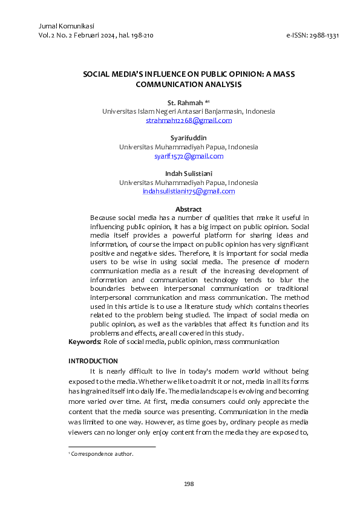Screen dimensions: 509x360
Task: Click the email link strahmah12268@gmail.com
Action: (x=189, y=120)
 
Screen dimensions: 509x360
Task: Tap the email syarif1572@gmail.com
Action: (x=189, y=156)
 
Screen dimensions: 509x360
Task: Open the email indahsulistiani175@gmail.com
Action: (x=189, y=191)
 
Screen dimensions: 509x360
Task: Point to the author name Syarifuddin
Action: (x=189, y=138)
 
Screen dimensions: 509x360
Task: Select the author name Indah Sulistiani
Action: (x=189, y=173)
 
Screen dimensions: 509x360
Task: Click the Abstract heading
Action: (x=189, y=209)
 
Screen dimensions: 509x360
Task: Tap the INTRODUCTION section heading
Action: (x=93, y=361)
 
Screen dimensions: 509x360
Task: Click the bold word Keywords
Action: (x=84, y=342)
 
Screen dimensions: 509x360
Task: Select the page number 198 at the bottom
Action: (x=189, y=483)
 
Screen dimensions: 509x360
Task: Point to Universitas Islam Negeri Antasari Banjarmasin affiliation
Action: (x=189, y=111)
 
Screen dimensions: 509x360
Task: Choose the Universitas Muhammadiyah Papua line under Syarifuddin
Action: (x=189, y=147)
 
